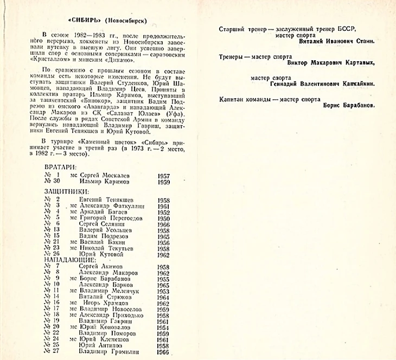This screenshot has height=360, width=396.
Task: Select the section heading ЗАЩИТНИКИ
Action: (67, 192)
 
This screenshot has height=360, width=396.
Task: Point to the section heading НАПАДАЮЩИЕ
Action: (70, 260)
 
